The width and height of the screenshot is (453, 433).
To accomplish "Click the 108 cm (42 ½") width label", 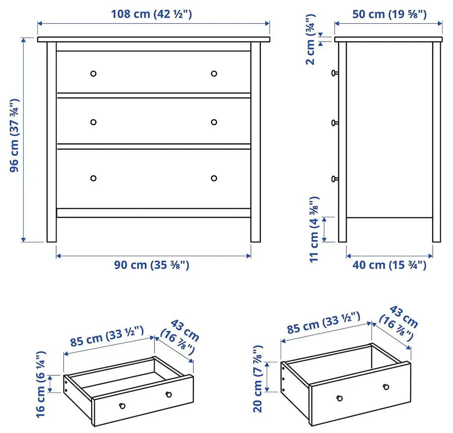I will click(151, 14).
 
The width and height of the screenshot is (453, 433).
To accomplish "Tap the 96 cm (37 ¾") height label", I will click(14, 135).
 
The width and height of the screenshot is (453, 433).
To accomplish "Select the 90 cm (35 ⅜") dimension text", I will click(151, 265).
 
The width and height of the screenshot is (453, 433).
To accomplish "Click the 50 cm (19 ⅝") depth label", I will click(389, 14).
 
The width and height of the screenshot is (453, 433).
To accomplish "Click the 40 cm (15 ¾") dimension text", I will click(389, 265).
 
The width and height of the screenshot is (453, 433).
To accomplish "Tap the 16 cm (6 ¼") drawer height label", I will click(41, 384).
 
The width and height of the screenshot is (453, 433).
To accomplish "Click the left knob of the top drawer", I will click(93, 73).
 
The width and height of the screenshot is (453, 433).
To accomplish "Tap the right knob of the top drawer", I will click(214, 73).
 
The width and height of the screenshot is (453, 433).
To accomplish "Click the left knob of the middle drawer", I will click(93, 122).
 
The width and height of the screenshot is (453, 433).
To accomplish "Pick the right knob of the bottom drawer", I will click(214, 178).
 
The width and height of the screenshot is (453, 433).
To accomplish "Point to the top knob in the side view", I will click(334, 73).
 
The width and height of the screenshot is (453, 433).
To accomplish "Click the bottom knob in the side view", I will click(334, 179).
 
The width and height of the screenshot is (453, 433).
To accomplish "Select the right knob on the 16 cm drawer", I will click(169, 395).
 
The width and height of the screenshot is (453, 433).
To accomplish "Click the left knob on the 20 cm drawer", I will click(340, 398).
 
